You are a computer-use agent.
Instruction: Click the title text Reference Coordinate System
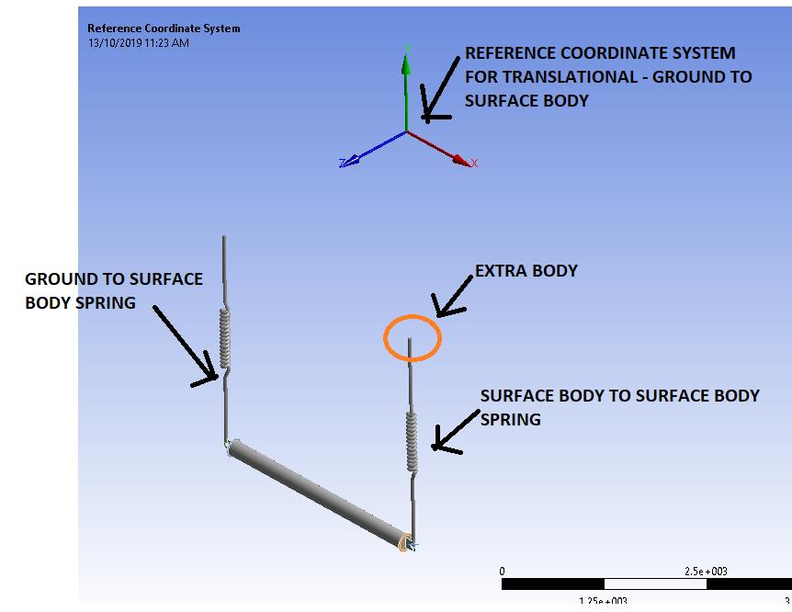coord(164,28)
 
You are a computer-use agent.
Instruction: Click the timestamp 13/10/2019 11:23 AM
coord(139,43)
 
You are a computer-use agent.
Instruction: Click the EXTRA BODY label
coord(526,271)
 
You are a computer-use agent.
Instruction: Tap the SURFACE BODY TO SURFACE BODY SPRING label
coord(619,406)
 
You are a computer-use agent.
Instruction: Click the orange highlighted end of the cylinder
coord(403,543)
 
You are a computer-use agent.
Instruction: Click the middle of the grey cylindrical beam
coord(317,493)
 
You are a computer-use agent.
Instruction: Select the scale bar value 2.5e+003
coord(706,571)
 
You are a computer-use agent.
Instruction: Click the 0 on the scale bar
coord(502,571)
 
